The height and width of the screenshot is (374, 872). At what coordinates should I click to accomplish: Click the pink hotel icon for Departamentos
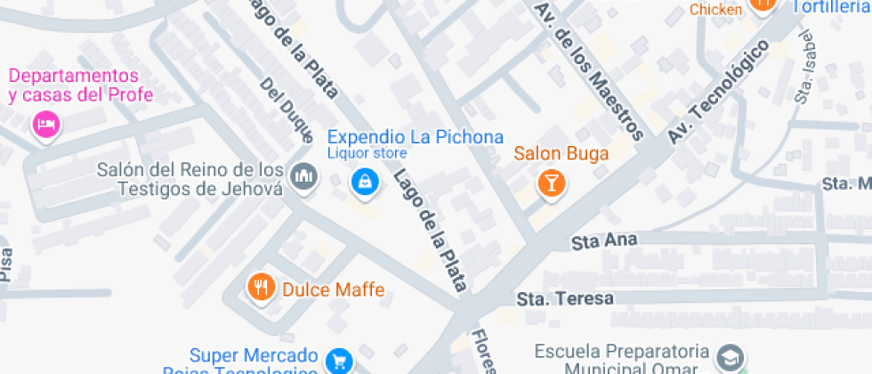(45, 124)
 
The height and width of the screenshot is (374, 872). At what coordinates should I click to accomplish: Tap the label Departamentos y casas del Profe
(81, 85)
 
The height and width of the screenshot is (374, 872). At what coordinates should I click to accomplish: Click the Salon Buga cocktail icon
(551, 183)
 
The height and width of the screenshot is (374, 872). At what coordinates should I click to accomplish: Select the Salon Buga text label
(561, 153)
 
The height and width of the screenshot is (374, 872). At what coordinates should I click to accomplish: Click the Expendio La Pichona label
(416, 137)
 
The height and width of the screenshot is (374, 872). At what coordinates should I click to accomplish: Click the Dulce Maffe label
(333, 289)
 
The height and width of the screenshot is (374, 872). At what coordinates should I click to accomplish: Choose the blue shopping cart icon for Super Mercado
(339, 361)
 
